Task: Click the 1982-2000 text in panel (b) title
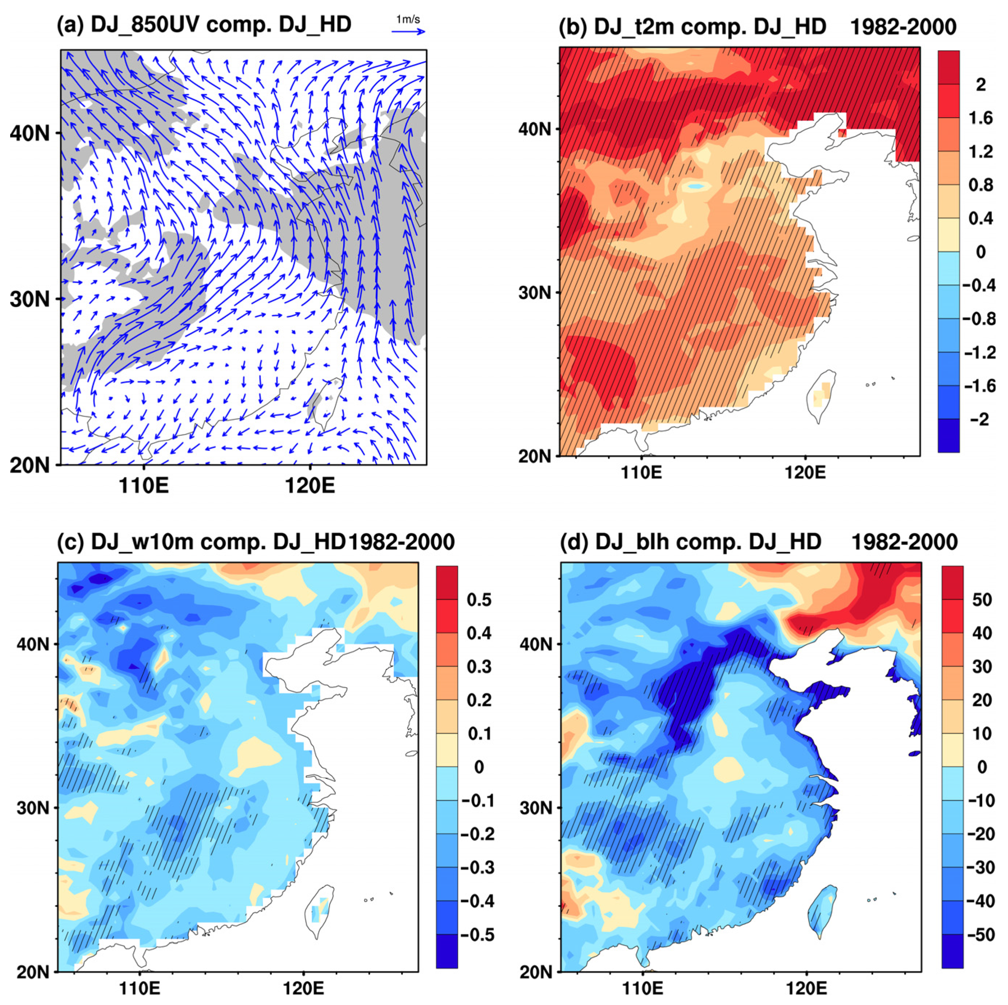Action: (x=903, y=26)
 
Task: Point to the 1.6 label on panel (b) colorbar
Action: (x=981, y=118)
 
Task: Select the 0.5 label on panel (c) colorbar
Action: (x=479, y=600)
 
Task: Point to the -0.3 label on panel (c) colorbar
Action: (x=477, y=867)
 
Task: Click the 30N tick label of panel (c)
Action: (x=33, y=808)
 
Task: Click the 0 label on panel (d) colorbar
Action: (x=981, y=767)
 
